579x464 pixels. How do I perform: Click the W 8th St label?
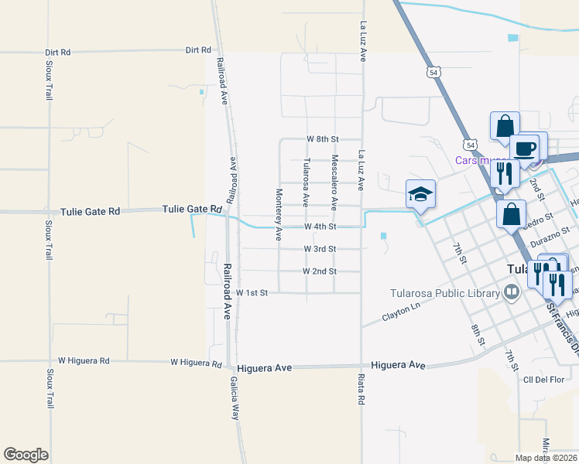point(323,138)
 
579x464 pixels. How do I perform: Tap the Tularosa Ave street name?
point(307,183)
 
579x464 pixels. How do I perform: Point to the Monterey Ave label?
point(279,214)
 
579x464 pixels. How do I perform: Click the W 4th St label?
point(320,227)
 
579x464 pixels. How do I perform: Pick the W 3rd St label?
point(320,249)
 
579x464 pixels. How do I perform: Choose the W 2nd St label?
point(320,271)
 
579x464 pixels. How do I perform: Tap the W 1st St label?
point(252,293)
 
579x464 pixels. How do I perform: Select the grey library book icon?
point(511,292)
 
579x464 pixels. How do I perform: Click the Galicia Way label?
point(234,398)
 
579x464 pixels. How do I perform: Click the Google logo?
point(26,455)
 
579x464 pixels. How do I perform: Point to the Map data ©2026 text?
point(545,458)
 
